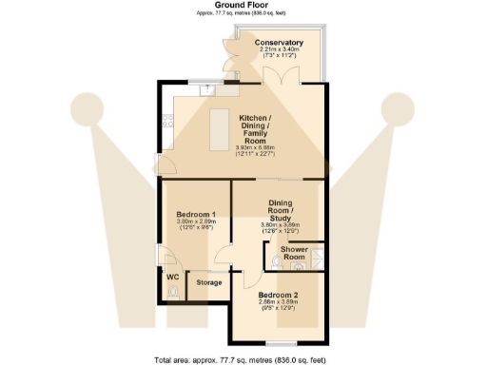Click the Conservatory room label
[279, 43]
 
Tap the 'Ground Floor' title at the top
[243, 5]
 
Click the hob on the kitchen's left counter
[167, 120]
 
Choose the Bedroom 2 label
[279, 296]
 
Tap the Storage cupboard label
[208, 282]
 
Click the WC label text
[172, 277]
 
